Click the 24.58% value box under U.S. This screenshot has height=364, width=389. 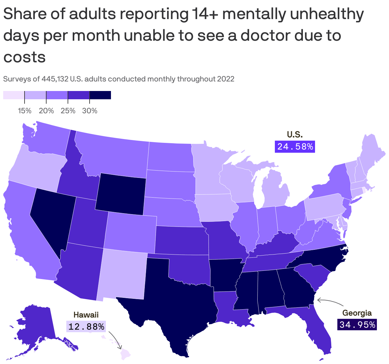click(x=295, y=146)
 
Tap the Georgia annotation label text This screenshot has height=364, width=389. click(x=357, y=313)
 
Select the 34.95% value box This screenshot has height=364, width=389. click(x=357, y=325)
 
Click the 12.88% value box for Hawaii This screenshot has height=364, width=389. click(x=86, y=326)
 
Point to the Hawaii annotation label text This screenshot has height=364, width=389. click(x=86, y=315)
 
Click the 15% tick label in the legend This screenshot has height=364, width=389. click(x=25, y=111)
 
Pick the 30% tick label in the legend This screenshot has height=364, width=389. click(x=90, y=111)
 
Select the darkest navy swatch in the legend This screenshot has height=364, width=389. click(x=100, y=95)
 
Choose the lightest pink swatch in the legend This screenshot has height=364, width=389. click(x=14, y=95)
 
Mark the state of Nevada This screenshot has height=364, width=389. click(x=51, y=216)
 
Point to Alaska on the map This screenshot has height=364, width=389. click(x=35, y=328)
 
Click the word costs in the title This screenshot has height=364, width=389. click(x=25, y=57)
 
